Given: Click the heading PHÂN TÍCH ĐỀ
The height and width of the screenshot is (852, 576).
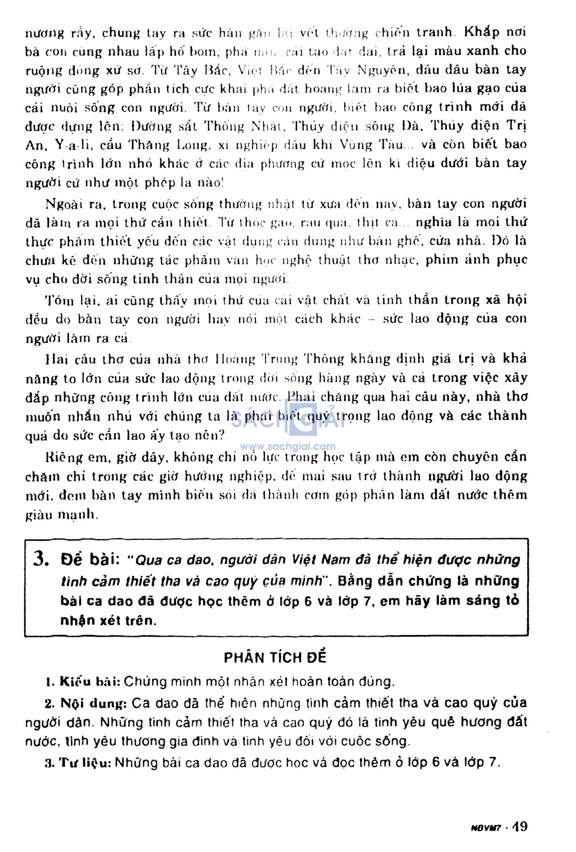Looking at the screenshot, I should (275, 657).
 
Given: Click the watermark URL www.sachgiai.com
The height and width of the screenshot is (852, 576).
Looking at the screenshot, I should (287, 447).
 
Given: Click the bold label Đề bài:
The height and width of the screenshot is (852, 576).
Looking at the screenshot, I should (89, 560).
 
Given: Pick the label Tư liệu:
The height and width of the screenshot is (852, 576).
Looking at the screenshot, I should (84, 763).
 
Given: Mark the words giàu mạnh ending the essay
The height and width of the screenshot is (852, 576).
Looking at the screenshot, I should (61, 515).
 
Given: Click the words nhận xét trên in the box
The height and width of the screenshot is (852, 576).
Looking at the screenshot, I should (108, 621).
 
